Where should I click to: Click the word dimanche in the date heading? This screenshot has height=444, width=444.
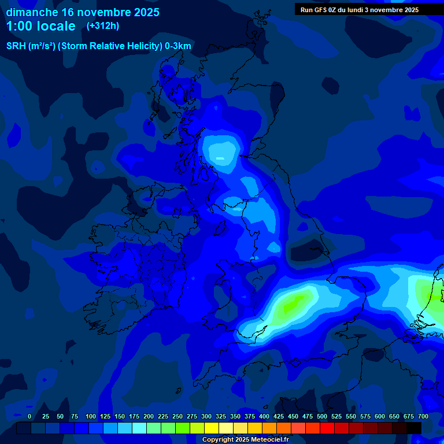32,12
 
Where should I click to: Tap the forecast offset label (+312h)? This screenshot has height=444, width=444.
103,25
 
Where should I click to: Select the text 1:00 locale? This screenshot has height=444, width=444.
40,26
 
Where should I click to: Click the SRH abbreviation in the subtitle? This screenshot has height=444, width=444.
16,46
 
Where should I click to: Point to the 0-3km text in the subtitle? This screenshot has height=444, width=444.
177,46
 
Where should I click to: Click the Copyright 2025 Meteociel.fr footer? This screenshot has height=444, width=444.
245,440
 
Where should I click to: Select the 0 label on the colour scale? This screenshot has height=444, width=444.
29,416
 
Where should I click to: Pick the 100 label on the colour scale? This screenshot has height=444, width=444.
91,416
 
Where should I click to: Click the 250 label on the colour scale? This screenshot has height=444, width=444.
177,416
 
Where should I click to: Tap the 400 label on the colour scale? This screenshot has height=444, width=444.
264,416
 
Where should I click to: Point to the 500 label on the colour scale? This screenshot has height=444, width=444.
322,416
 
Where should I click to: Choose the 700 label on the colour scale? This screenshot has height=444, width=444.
423,416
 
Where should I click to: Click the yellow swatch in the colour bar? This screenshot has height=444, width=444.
212,428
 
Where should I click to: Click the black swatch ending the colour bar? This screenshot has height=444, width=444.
414,428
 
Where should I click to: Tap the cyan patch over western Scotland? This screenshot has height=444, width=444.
220,151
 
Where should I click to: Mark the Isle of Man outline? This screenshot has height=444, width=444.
220,227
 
